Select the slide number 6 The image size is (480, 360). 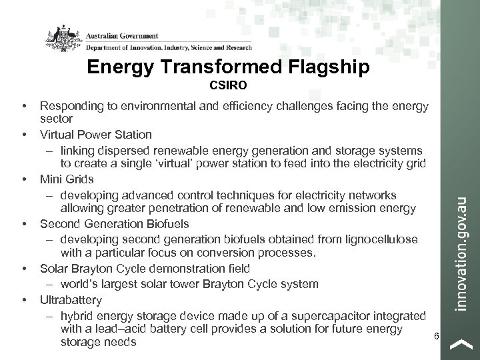(x=436, y=336)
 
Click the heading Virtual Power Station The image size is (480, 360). (x=96, y=135)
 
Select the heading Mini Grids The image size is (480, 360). (x=66, y=179)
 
